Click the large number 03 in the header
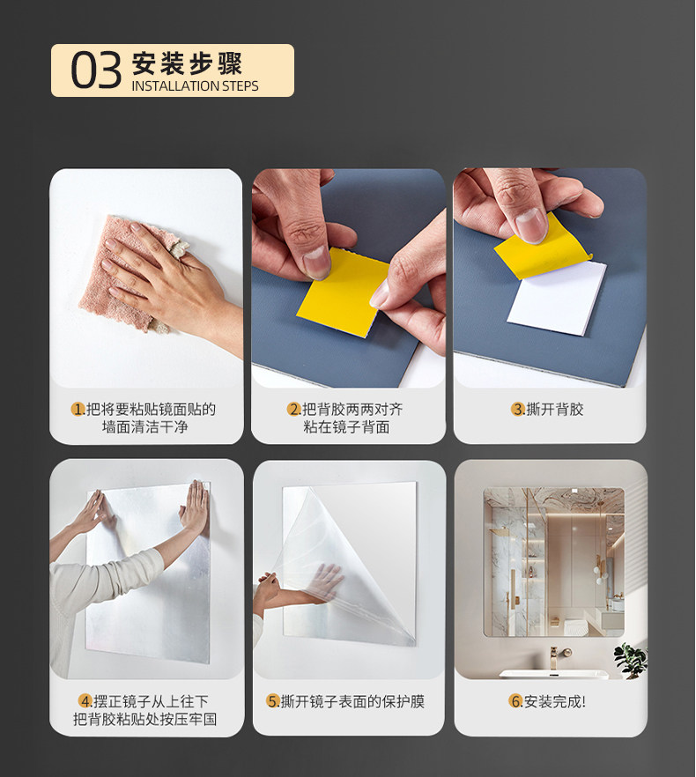point(96,70)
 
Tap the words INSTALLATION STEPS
point(195,86)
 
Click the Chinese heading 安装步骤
point(187,63)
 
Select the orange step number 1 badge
point(78,410)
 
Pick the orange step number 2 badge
point(294,410)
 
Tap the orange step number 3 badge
point(518,410)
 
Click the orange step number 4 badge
point(85,701)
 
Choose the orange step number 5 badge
point(273,701)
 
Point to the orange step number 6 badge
point(515,701)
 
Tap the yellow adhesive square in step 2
point(342,292)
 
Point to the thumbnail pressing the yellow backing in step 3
point(530,226)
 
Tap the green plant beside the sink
point(630,660)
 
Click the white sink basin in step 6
point(554,675)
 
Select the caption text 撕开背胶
point(555,410)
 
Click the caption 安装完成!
point(555,701)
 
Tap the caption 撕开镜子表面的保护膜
point(352,701)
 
